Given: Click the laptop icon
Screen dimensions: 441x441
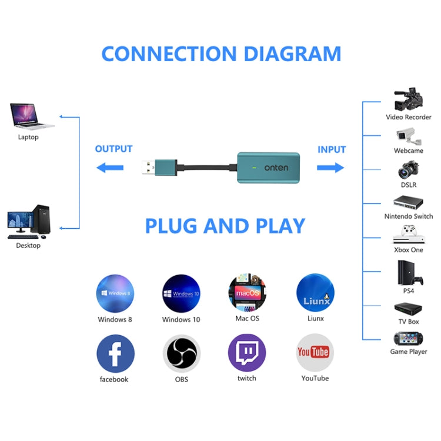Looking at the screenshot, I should click(x=31, y=116).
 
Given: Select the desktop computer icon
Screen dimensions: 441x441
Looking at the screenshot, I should click(x=28, y=222).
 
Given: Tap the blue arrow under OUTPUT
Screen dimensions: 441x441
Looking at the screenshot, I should click(x=110, y=168).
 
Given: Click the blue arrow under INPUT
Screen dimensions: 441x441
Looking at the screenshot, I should click(x=330, y=168).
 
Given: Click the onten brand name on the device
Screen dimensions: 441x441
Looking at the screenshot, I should click(x=276, y=168).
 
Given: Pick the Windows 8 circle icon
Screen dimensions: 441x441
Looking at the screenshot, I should click(x=115, y=293).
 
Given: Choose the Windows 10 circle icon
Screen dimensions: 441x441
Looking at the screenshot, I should click(x=181, y=293).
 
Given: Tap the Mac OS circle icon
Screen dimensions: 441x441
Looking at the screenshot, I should click(x=247, y=292).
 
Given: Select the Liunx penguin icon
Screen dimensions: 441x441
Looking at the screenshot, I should click(x=315, y=292).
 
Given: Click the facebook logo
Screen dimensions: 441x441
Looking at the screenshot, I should click(x=115, y=353).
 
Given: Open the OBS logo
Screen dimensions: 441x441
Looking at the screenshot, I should click(x=182, y=354).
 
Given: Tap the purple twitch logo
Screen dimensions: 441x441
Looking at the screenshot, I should click(x=247, y=353).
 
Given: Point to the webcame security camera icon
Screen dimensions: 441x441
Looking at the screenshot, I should click(x=409, y=136).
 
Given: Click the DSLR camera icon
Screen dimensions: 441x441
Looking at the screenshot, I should click(x=408, y=170).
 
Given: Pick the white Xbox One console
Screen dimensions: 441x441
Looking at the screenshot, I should click(x=408, y=235).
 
